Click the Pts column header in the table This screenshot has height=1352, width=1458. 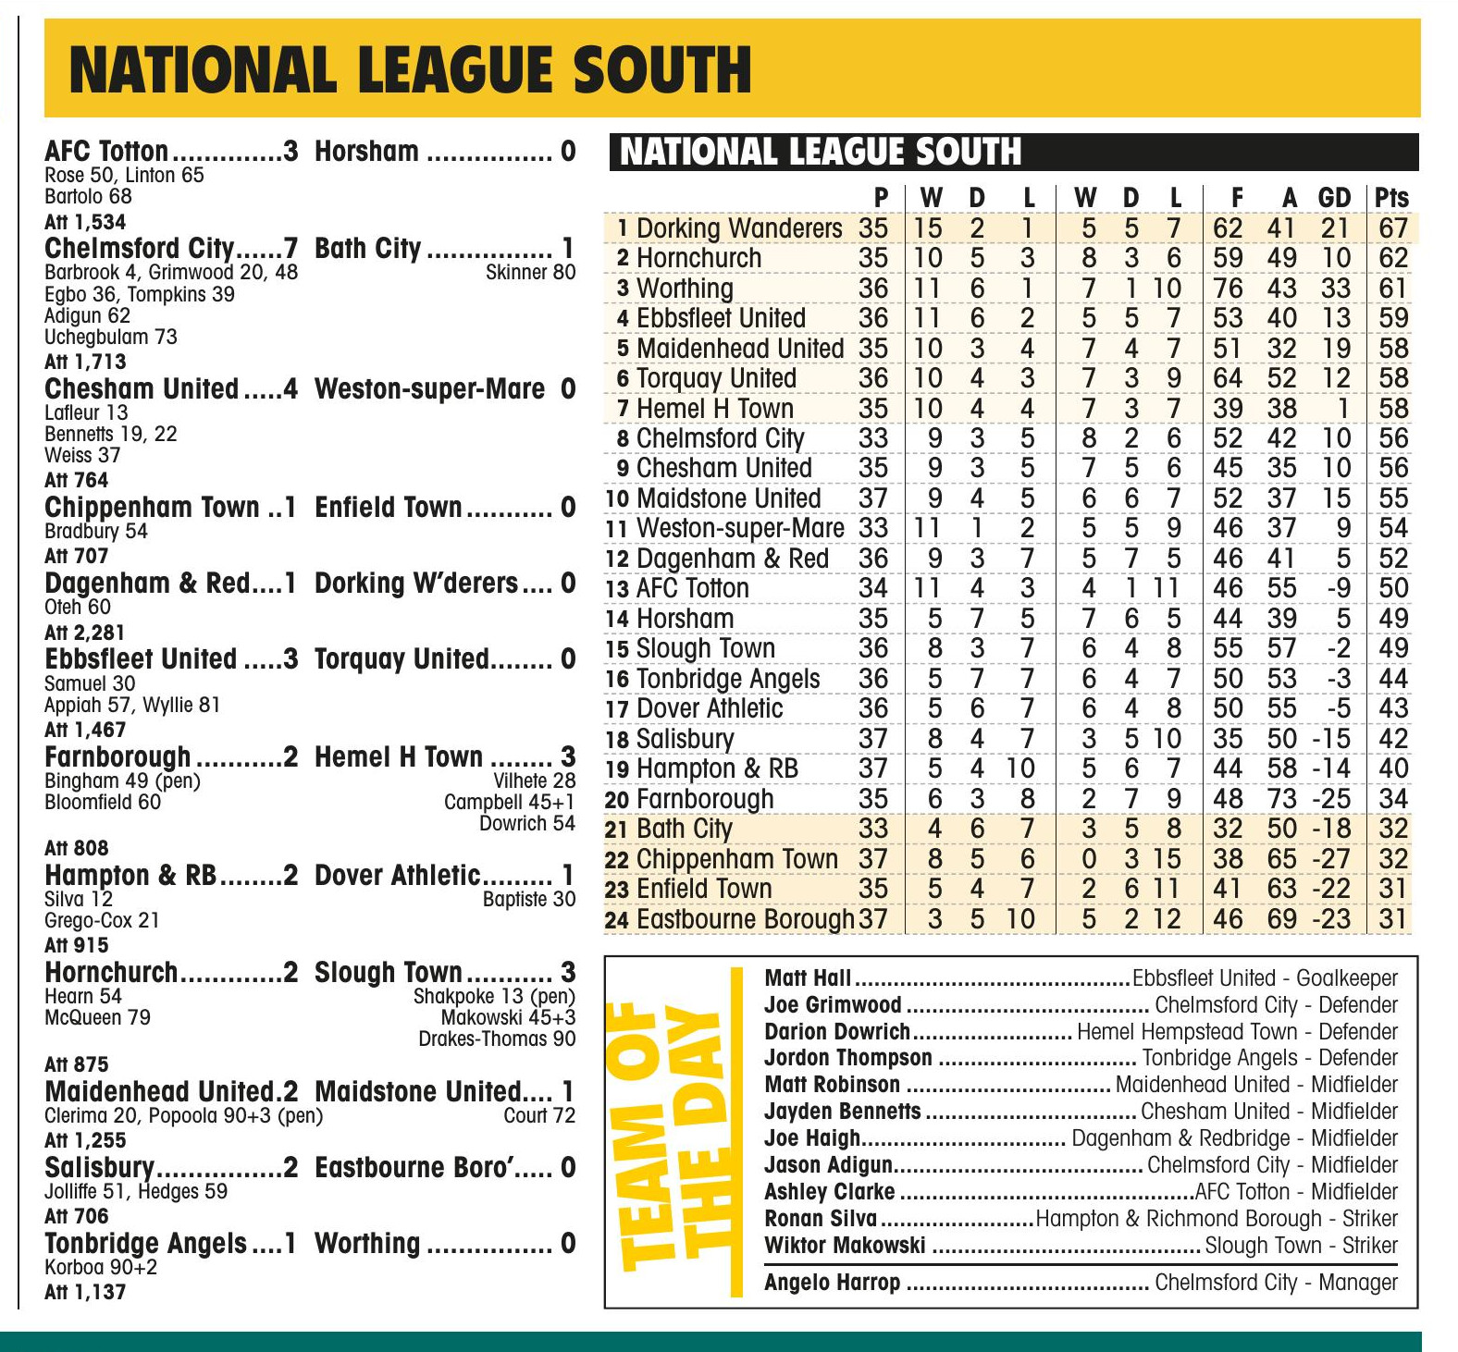coord(1391,197)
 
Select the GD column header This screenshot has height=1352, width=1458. coord(1334,197)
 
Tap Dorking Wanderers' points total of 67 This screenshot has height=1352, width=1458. coord(1392,227)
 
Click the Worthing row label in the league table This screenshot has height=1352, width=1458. coord(684,289)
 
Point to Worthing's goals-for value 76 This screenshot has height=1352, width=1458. coord(1228,289)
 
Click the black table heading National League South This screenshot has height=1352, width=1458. coord(820,152)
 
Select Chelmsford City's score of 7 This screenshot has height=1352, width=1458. coord(290,248)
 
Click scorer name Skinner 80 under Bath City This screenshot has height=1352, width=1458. coord(530,272)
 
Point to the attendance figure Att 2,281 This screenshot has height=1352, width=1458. coord(84,633)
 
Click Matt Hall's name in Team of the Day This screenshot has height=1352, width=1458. coord(808,978)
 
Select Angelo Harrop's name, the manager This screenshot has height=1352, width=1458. coord(832,1283)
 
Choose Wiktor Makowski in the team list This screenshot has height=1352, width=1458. coord(845,1246)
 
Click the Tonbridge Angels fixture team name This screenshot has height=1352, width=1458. coord(145,1244)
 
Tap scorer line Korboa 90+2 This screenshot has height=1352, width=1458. coord(101,1267)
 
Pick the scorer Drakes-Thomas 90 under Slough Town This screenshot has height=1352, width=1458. coord(497,1039)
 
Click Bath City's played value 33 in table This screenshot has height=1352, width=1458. coord(872,829)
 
